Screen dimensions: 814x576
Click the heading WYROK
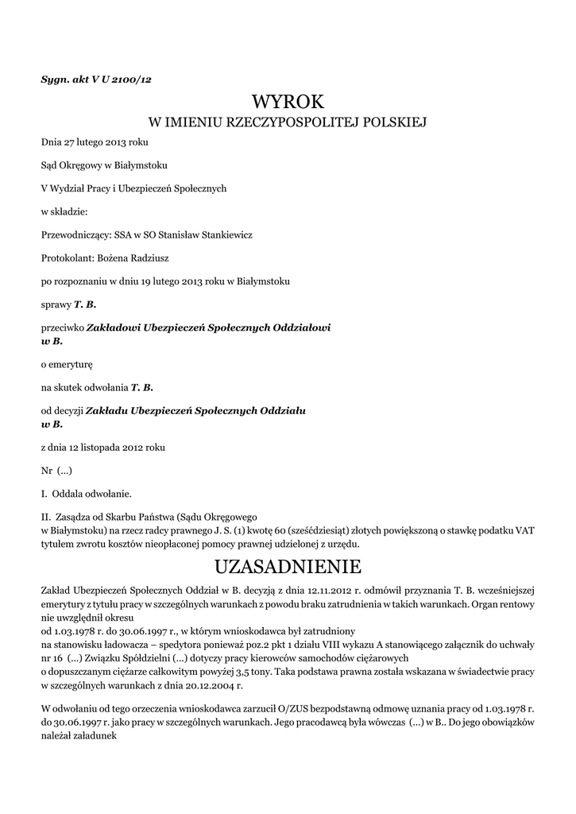(288, 102)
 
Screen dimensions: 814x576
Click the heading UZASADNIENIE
(288, 567)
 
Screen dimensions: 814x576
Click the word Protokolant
(66, 258)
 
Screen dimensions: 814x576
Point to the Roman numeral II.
(45, 516)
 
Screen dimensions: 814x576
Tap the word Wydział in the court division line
(73, 188)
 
